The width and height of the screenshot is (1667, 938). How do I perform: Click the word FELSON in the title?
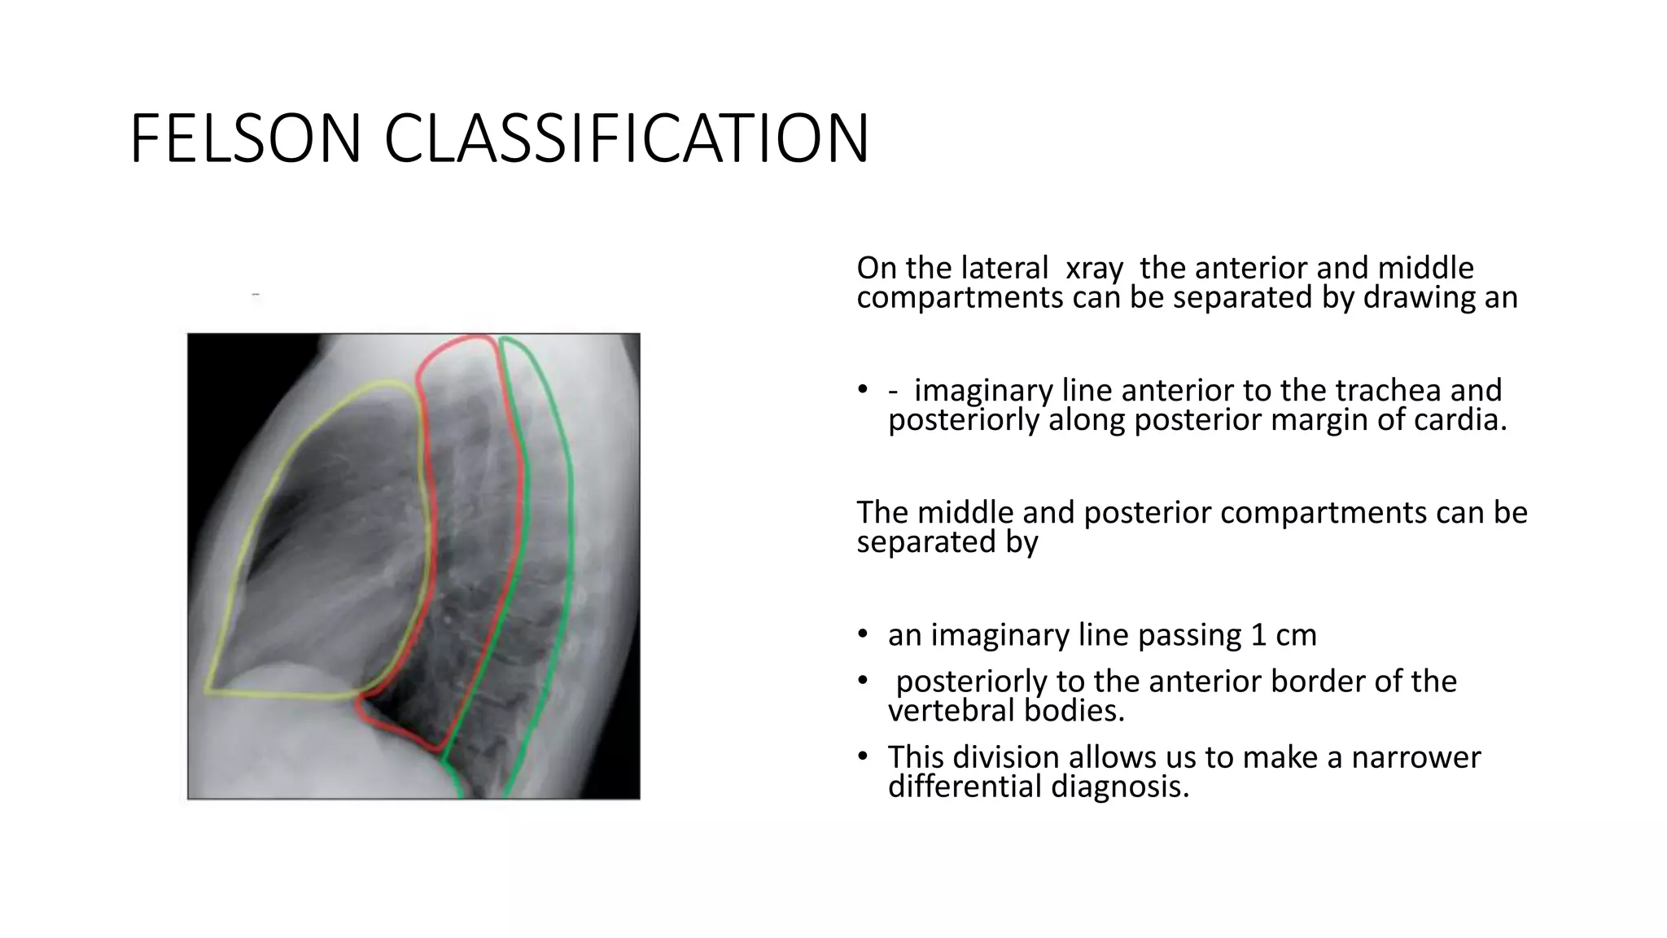[245, 138]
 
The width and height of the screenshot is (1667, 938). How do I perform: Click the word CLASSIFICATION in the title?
[626, 138]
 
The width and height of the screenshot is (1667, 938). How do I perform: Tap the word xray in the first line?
[1094, 269]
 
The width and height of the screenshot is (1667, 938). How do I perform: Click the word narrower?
[1415, 757]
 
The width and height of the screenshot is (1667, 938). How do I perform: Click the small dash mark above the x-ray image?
[256, 294]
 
